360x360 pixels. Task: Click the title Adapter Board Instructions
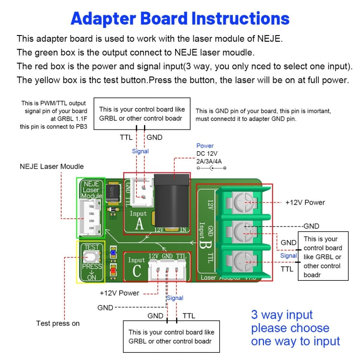[x=180, y=19]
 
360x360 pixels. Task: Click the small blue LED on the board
[x=112, y=252]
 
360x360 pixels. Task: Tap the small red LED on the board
[x=112, y=270]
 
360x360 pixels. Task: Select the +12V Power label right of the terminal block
[x=305, y=202]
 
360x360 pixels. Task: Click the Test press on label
[x=58, y=323]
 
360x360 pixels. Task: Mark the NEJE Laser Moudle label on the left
[x=52, y=167]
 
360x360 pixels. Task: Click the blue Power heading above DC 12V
[x=205, y=145]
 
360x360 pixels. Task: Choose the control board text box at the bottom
[x=171, y=336]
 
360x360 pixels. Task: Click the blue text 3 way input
[x=282, y=315]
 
